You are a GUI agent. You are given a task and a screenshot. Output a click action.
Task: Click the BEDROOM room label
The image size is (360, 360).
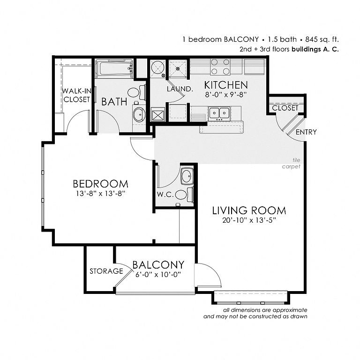click(x=101, y=184)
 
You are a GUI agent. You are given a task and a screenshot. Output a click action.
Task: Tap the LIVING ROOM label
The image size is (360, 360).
click(x=249, y=210)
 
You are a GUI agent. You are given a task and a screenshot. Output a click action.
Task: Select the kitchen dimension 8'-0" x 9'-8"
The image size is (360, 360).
click(x=226, y=94)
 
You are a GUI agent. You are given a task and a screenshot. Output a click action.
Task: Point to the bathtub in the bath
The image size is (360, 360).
click(x=114, y=67)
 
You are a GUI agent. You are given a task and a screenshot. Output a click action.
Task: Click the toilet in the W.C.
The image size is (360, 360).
click(x=184, y=195)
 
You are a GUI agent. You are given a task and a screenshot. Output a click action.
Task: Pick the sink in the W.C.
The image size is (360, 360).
click(x=187, y=176)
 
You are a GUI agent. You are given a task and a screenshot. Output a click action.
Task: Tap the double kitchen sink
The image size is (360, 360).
click(x=219, y=112)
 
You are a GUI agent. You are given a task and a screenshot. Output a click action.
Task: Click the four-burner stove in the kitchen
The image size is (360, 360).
click(x=220, y=67)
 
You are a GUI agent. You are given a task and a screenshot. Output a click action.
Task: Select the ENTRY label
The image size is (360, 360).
click(x=306, y=132)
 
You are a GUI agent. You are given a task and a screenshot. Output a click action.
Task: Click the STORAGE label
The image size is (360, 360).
click(x=106, y=271)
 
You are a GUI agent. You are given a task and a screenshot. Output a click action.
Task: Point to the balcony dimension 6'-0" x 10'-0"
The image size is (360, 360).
click(x=158, y=275)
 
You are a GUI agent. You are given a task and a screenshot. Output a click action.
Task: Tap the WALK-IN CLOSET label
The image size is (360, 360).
click(x=77, y=95)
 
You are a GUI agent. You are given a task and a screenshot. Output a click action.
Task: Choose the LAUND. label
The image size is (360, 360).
click(x=180, y=89)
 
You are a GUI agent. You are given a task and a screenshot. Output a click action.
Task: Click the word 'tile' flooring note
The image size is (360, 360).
click(x=296, y=160)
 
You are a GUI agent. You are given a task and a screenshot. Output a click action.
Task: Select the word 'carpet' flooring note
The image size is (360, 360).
click(x=291, y=167)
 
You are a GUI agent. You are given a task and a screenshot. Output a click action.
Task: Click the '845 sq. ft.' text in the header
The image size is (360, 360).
click(x=322, y=39)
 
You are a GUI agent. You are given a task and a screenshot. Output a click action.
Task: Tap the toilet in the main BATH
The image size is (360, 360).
click(x=136, y=92)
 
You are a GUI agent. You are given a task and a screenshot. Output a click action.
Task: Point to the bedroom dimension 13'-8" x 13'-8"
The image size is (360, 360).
click(x=101, y=194)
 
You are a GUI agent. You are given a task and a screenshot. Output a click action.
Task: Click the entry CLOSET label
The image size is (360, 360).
click(x=285, y=108)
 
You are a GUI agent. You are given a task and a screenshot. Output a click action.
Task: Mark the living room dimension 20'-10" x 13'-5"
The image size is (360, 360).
click(x=249, y=220)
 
